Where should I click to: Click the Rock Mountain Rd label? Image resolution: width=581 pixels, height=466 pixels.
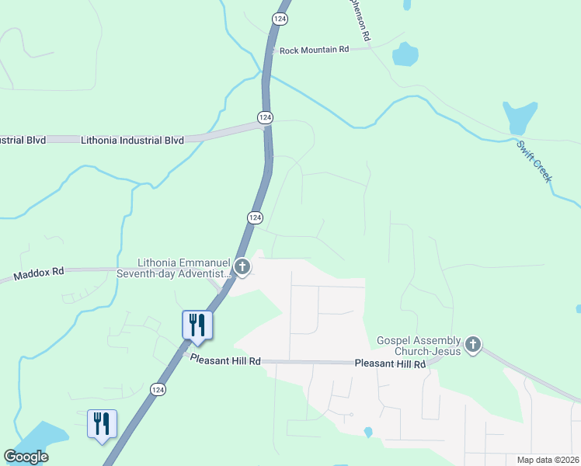coord(314,50)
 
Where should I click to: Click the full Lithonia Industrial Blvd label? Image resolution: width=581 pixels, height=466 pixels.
coord(132,140)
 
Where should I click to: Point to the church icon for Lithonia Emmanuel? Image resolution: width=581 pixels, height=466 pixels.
coord(242,268)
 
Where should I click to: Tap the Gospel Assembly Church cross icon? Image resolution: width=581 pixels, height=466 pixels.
coord(473,344)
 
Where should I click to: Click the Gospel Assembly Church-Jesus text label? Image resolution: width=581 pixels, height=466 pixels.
coord(419,346)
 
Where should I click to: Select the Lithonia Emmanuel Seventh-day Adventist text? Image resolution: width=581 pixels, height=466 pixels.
coord(184,268)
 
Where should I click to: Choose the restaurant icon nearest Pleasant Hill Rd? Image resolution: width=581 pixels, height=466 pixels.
coord(197,325)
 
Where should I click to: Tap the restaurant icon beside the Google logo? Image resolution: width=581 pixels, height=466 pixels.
coord(102,424)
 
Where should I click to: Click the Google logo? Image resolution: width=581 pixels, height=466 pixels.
coord(26,457)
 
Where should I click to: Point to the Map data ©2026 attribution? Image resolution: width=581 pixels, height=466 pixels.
coord(548,460)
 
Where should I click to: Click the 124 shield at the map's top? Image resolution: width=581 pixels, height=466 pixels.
coord(279,17)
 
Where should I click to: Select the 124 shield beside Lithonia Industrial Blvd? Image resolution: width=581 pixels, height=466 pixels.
coord(265,116)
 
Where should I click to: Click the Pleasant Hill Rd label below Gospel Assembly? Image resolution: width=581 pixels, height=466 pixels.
coord(391,363)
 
